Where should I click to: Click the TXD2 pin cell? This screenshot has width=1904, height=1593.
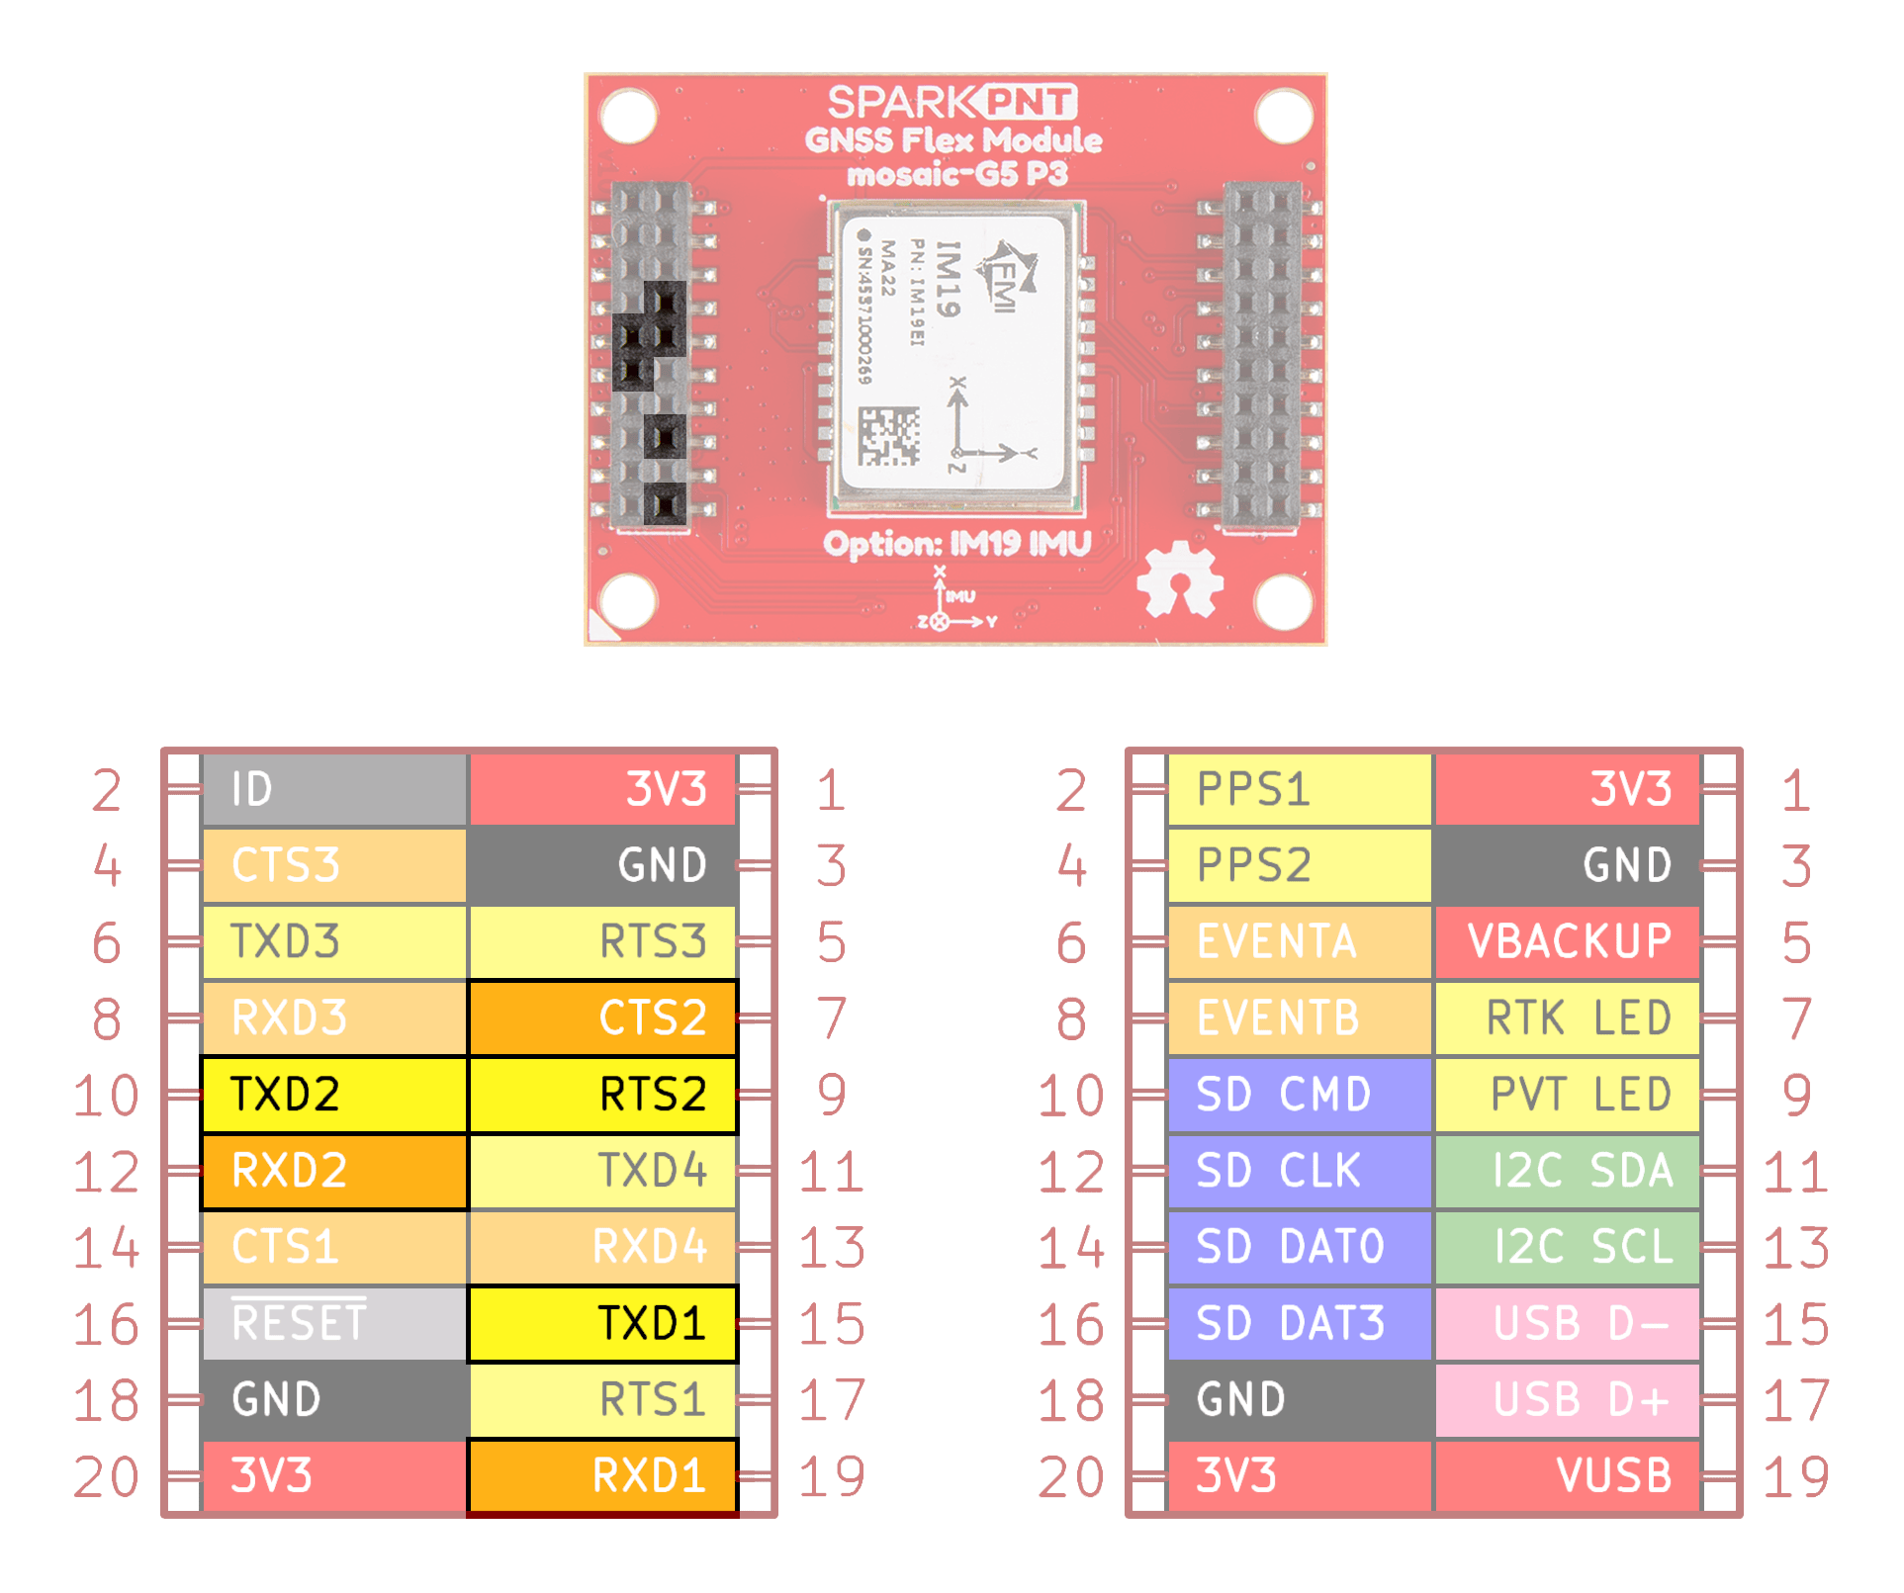(333, 1095)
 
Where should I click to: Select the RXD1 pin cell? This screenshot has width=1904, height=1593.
(602, 1475)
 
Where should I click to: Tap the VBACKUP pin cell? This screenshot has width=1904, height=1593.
(1567, 941)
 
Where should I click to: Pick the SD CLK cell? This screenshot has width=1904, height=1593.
(1299, 1171)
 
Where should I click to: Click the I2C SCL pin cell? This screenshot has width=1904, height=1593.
(1567, 1247)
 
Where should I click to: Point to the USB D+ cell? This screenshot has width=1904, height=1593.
(1567, 1399)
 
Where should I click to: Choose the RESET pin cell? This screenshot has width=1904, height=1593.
(333, 1323)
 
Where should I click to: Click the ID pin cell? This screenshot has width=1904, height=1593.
(333, 789)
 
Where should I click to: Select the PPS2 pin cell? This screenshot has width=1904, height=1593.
(1299, 865)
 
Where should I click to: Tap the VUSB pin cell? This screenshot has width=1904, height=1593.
(1567, 1475)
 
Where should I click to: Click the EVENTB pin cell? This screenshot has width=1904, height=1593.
(1299, 1018)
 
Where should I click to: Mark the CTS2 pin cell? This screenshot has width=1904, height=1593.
(602, 1018)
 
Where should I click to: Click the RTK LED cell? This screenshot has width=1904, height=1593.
(1567, 1018)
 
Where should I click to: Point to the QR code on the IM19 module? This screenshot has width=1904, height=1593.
(888, 436)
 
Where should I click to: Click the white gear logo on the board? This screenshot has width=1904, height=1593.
(1179, 580)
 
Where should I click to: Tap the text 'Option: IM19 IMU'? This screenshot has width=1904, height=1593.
(956, 544)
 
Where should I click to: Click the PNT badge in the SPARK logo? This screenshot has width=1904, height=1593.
(1029, 102)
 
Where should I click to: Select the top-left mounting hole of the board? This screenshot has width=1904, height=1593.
(629, 116)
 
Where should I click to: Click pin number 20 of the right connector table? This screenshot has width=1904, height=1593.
(1071, 1476)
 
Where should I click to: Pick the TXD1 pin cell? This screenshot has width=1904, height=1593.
(602, 1323)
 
